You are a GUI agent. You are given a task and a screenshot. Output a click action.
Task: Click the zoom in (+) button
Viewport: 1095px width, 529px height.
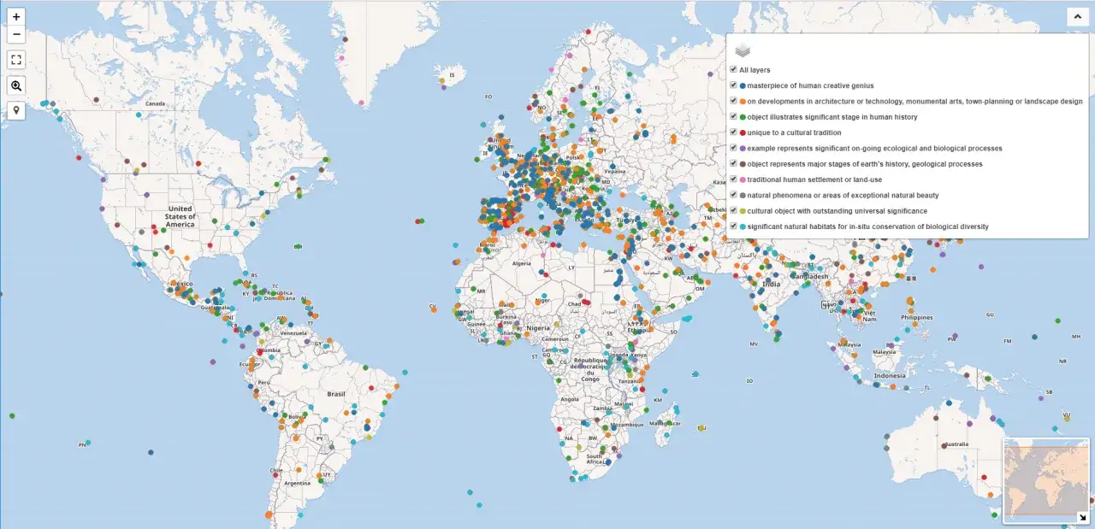coord(16,16)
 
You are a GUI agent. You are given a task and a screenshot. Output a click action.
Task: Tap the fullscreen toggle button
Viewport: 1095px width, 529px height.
coord(16,60)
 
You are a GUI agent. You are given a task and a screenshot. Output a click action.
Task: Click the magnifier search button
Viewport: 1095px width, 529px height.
coord(16,85)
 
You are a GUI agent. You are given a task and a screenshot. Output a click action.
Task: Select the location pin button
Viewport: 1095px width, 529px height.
coord(16,110)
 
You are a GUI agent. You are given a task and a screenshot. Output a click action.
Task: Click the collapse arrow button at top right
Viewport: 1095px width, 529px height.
coord(1075,16)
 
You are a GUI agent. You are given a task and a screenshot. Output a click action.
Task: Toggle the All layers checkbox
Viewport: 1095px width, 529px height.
coord(733,69)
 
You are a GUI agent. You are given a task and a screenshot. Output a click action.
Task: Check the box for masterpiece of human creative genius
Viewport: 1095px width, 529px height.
coord(733,85)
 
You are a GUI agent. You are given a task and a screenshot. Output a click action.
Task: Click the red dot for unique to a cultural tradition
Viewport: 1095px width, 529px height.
coord(743,132)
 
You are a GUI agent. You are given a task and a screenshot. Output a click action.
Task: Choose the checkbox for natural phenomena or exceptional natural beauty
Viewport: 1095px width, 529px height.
coord(733,195)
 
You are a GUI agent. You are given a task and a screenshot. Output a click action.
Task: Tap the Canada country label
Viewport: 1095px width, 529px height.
coord(155,104)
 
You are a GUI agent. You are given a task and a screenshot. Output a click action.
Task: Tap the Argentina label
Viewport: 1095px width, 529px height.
coord(297,483)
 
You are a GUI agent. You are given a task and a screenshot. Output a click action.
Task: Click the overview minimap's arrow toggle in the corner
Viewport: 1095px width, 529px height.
coord(1082,516)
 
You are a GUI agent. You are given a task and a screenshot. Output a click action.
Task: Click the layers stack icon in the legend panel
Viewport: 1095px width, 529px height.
coord(743,50)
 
